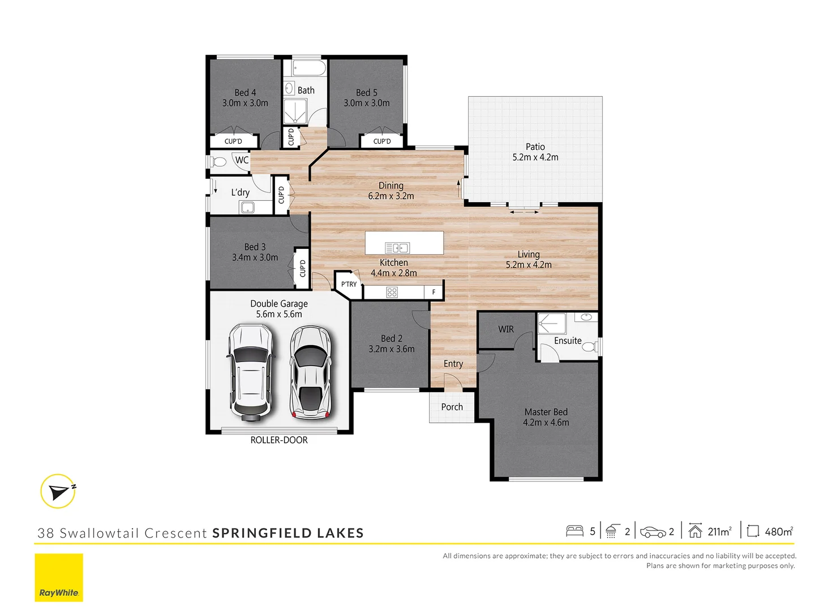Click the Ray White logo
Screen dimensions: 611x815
click(x=59, y=578)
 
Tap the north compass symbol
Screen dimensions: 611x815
click(x=58, y=491)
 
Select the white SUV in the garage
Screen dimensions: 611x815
click(x=250, y=372)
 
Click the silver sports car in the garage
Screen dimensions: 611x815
click(x=310, y=372)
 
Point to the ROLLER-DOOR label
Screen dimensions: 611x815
click(x=279, y=440)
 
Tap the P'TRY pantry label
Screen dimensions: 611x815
click(x=349, y=284)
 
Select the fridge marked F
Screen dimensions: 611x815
click(x=434, y=292)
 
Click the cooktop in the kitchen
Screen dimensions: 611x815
click(x=392, y=292)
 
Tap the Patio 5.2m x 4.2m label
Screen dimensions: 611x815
click(x=535, y=152)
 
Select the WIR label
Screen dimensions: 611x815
click(x=506, y=329)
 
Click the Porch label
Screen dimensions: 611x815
click(x=452, y=407)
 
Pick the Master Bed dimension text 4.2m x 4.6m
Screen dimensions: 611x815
click(x=546, y=423)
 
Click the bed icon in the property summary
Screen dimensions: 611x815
click(x=574, y=531)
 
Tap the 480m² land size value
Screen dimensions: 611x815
click(x=778, y=531)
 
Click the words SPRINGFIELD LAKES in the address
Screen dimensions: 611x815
click(x=288, y=533)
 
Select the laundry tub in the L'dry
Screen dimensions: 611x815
click(x=248, y=208)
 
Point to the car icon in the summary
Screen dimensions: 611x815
click(x=653, y=532)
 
